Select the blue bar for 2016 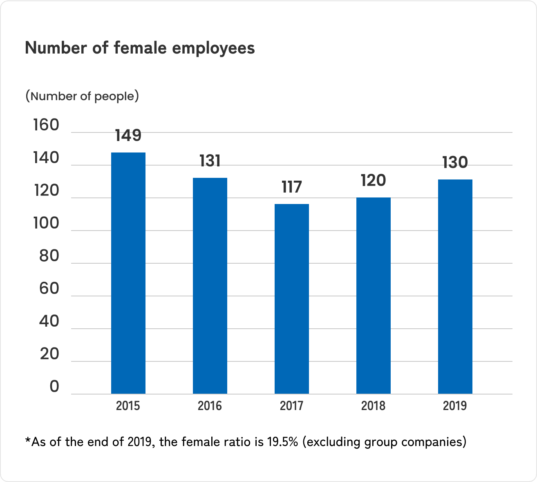pyautogui.click(x=210, y=286)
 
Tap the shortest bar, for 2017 pyautogui.click(x=291, y=299)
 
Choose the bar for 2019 pyautogui.click(x=455, y=287)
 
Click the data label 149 pyautogui.click(x=128, y=135)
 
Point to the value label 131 pyautogui.click(x=210, y=161)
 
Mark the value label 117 pyautogui.click(x=291, y=187)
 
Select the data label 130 pyautogui.click(x=455, y=162)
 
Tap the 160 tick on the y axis pyautogui.click(x=46, y=125)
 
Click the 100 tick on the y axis pyautogui.click(x=46, y=223)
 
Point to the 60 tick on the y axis pyautogui.click(x=49, y=289)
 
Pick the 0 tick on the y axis pyautogui.click(x=54, y=386)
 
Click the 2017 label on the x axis pyautogui.click(x=291, y=406)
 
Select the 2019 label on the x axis pyautogui.click(x=455, y=406)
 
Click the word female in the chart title pyautogui.click(x=140, y=48)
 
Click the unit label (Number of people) pyautogui.click(x=82, y=96)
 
